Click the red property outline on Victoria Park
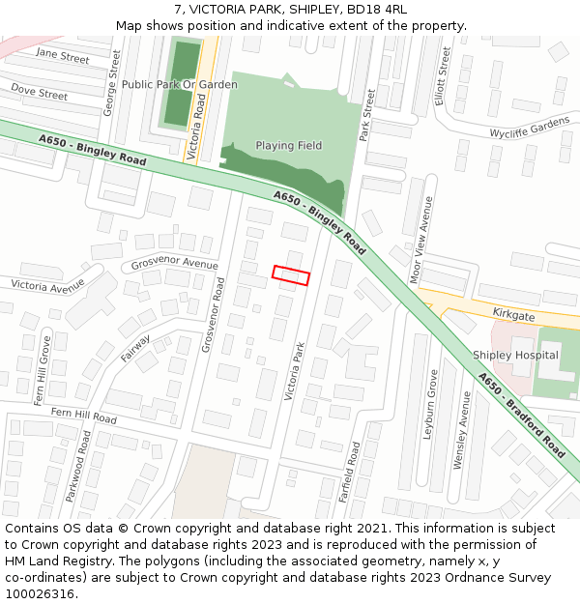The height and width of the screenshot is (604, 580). [291, 275]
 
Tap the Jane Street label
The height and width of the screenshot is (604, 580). [63, 55]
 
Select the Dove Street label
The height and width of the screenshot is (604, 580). [39, 92]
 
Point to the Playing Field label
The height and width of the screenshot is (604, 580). [289, 146]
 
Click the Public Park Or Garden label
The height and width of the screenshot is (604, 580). [180, 85]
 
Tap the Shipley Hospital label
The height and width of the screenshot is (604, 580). [515, 355]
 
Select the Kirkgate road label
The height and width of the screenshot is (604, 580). [513, 316]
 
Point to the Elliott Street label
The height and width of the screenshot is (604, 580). [443, 77]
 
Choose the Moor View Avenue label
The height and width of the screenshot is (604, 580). [420, 240]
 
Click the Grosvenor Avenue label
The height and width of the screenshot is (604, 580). [174, 264]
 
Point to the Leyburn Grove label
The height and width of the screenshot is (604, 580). [432, 405]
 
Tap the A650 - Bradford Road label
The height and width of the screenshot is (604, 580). [523, 416]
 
